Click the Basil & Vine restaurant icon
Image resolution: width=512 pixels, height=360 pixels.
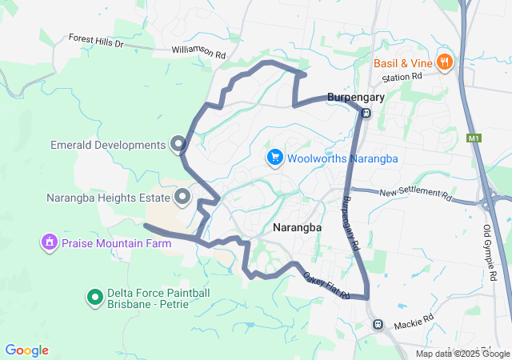click(x=446, y=62)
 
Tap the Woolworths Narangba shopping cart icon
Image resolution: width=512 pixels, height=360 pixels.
click(x=275, y=158)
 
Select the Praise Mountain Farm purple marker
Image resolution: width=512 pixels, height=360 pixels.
click(x=50, y=242)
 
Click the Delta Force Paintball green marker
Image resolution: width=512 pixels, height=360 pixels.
click(x=94, y=298)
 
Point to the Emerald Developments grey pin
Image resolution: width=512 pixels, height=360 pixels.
click(x=178, y=145)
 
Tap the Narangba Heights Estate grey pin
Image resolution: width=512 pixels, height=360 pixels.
click(x=182, y=196)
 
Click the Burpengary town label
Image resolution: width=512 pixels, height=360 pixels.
click(x=356, y=98)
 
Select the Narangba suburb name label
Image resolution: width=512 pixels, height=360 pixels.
click(x=297, y=227)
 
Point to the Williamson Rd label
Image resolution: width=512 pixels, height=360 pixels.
click(x=198, y=51)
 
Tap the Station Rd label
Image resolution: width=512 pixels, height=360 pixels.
click(x=402, y=77)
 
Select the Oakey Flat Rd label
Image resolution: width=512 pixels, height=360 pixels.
click(x=326, y=286)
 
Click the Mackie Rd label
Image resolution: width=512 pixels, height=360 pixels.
click(x=414, y=322)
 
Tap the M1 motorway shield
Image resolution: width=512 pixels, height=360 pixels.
click(x=474, y=138)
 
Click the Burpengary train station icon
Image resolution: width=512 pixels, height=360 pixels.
click(x=366, y=113)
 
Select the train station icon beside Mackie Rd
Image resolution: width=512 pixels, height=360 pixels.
click(x=378, y=325)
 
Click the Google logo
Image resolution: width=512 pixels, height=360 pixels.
click(x=26, y=350)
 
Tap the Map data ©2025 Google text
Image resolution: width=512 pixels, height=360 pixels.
click(x=462, y=354)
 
